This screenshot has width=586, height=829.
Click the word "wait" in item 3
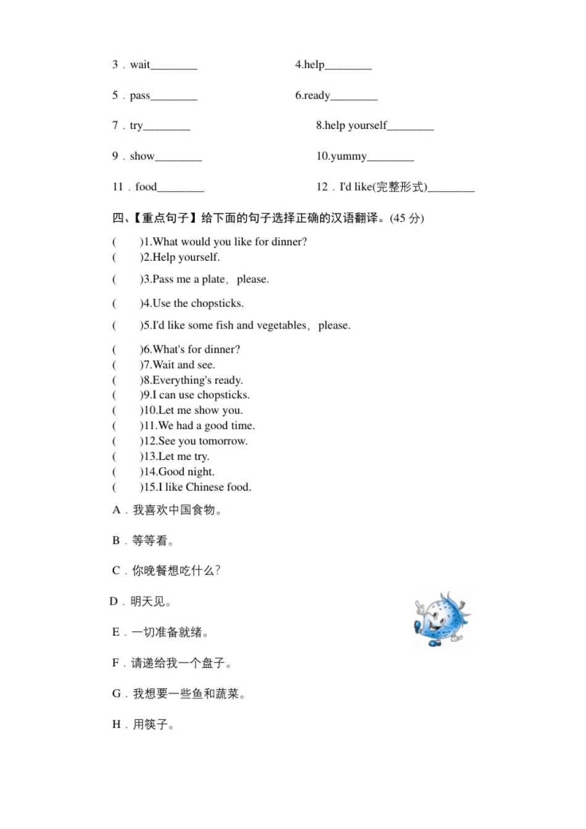(x=140, y=65)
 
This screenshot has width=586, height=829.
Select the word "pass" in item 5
(x=140, y=96)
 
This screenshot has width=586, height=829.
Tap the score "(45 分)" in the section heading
(x=407, y=218)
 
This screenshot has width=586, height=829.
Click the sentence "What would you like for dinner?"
(x=229, y=242)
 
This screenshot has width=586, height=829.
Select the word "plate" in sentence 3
(x=213, y=279)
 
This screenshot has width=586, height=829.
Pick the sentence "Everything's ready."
(x=197, y=380)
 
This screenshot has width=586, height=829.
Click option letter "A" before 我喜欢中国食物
(x=117, y=510)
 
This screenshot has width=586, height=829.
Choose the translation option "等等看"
(x=150, y=541)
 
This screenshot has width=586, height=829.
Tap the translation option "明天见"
(x=149, y=602)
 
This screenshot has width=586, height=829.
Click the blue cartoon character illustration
(x=440, y=619)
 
